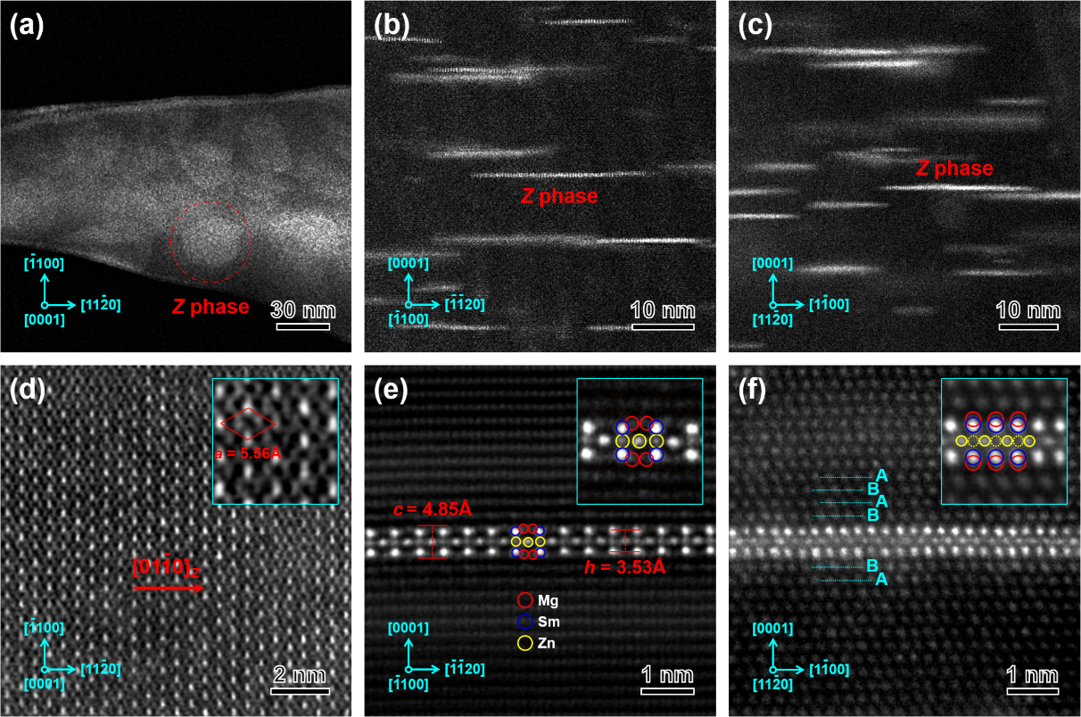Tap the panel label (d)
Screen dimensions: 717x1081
[27, 390]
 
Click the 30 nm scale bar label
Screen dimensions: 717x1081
[303, 310]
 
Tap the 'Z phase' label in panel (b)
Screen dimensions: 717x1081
[559, 196]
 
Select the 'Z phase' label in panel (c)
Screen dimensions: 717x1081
[953, 169]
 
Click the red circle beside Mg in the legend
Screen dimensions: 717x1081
[525, 601]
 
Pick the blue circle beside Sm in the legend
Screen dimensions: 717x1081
[525, 622]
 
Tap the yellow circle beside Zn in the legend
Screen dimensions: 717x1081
[525, 642]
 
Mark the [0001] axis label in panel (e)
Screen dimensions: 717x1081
[408, 628]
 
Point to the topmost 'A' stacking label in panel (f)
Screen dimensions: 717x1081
[881, 474]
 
